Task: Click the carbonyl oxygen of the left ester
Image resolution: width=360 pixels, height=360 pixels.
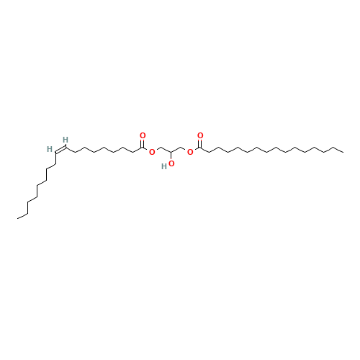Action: click(x=143, y=135)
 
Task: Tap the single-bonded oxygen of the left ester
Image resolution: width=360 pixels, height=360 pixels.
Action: click(x=152, y=153)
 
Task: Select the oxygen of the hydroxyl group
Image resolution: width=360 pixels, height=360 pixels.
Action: click(x=171, y=163)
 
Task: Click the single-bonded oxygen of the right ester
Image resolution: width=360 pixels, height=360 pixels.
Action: click(x=189, y=153)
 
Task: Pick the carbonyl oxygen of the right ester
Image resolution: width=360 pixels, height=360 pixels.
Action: click(x=199, y=135)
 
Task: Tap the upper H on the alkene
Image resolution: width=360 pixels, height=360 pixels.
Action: click(x=66, y=139)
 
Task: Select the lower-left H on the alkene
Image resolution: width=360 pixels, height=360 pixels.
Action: click(x=50, y=149)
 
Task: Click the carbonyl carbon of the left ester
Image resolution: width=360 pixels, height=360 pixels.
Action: click(x=143, y=147)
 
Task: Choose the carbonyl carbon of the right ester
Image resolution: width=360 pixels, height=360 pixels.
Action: click(x=199, y=147)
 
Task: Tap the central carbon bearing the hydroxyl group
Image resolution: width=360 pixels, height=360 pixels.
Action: click(x=171, y=152)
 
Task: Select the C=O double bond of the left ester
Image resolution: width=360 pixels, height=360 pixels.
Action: click(x=143, y=140)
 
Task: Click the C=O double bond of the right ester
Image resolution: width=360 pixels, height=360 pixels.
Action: click(x=199, y=140)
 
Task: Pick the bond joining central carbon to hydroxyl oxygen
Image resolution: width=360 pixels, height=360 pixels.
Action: click(x=171, y=158)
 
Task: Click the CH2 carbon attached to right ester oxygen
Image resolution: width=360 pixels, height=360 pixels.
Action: click(x=180, y=147)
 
